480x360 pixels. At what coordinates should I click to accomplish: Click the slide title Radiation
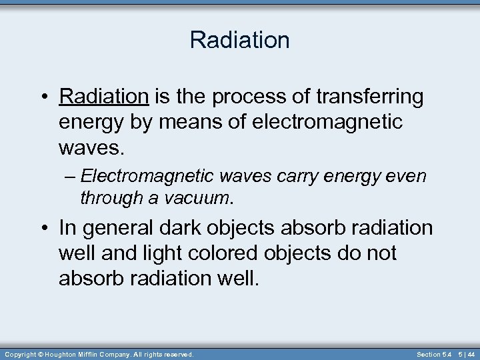pos(239,40)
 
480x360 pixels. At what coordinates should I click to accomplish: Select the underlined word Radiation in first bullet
pos(103,97)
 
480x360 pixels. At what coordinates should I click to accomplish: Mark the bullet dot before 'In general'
pos(45,228)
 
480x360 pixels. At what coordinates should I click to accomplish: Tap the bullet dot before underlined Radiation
pos(45,97)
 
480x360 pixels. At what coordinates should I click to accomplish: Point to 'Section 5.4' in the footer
pos(433,354)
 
